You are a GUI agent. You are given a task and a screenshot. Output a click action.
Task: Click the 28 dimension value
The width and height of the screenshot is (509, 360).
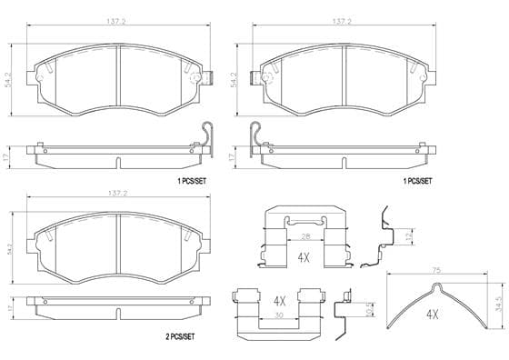tap(305, 236)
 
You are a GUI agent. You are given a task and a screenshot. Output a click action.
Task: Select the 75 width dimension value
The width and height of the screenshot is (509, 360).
tap(436, 270)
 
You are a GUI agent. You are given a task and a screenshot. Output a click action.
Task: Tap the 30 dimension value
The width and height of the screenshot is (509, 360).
tap(278, 315)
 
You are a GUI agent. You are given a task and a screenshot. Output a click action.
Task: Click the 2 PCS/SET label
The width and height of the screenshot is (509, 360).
tap(180, 337)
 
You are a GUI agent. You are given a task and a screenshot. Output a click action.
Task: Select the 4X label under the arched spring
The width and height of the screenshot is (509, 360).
tap(432, 315)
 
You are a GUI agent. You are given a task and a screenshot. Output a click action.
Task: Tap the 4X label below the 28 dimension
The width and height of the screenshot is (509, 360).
tap(304, 258)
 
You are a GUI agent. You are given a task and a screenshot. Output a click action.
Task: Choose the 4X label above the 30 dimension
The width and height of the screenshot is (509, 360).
tap(280, 302)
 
